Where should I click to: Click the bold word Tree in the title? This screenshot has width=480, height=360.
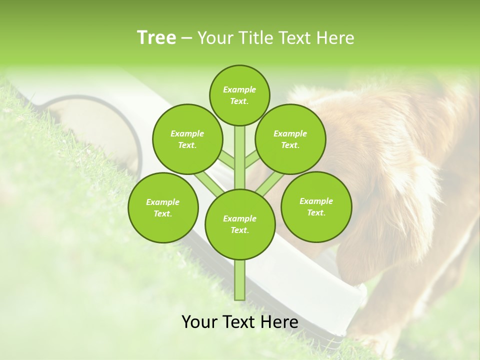(156, 38)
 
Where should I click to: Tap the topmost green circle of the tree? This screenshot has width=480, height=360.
(239, 95)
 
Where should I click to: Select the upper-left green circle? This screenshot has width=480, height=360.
(187, 139)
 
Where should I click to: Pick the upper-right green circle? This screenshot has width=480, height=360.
(290, 139)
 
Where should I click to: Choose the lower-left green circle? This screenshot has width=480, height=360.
(162, 207)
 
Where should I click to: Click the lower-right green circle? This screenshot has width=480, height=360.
(316, 206)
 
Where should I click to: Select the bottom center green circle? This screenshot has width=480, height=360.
(239, 224)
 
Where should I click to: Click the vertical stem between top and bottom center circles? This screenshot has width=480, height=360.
(240, 157)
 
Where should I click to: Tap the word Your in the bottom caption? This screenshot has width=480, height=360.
(199, 322)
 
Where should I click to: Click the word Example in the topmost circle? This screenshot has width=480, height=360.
(239, 90)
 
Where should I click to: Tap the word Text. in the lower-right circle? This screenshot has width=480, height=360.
(316, 212)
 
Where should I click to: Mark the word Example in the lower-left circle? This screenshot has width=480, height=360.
(162, 202)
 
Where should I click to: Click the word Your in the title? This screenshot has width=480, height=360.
(214, 38)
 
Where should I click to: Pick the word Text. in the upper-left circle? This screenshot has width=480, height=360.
(187, 145)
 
